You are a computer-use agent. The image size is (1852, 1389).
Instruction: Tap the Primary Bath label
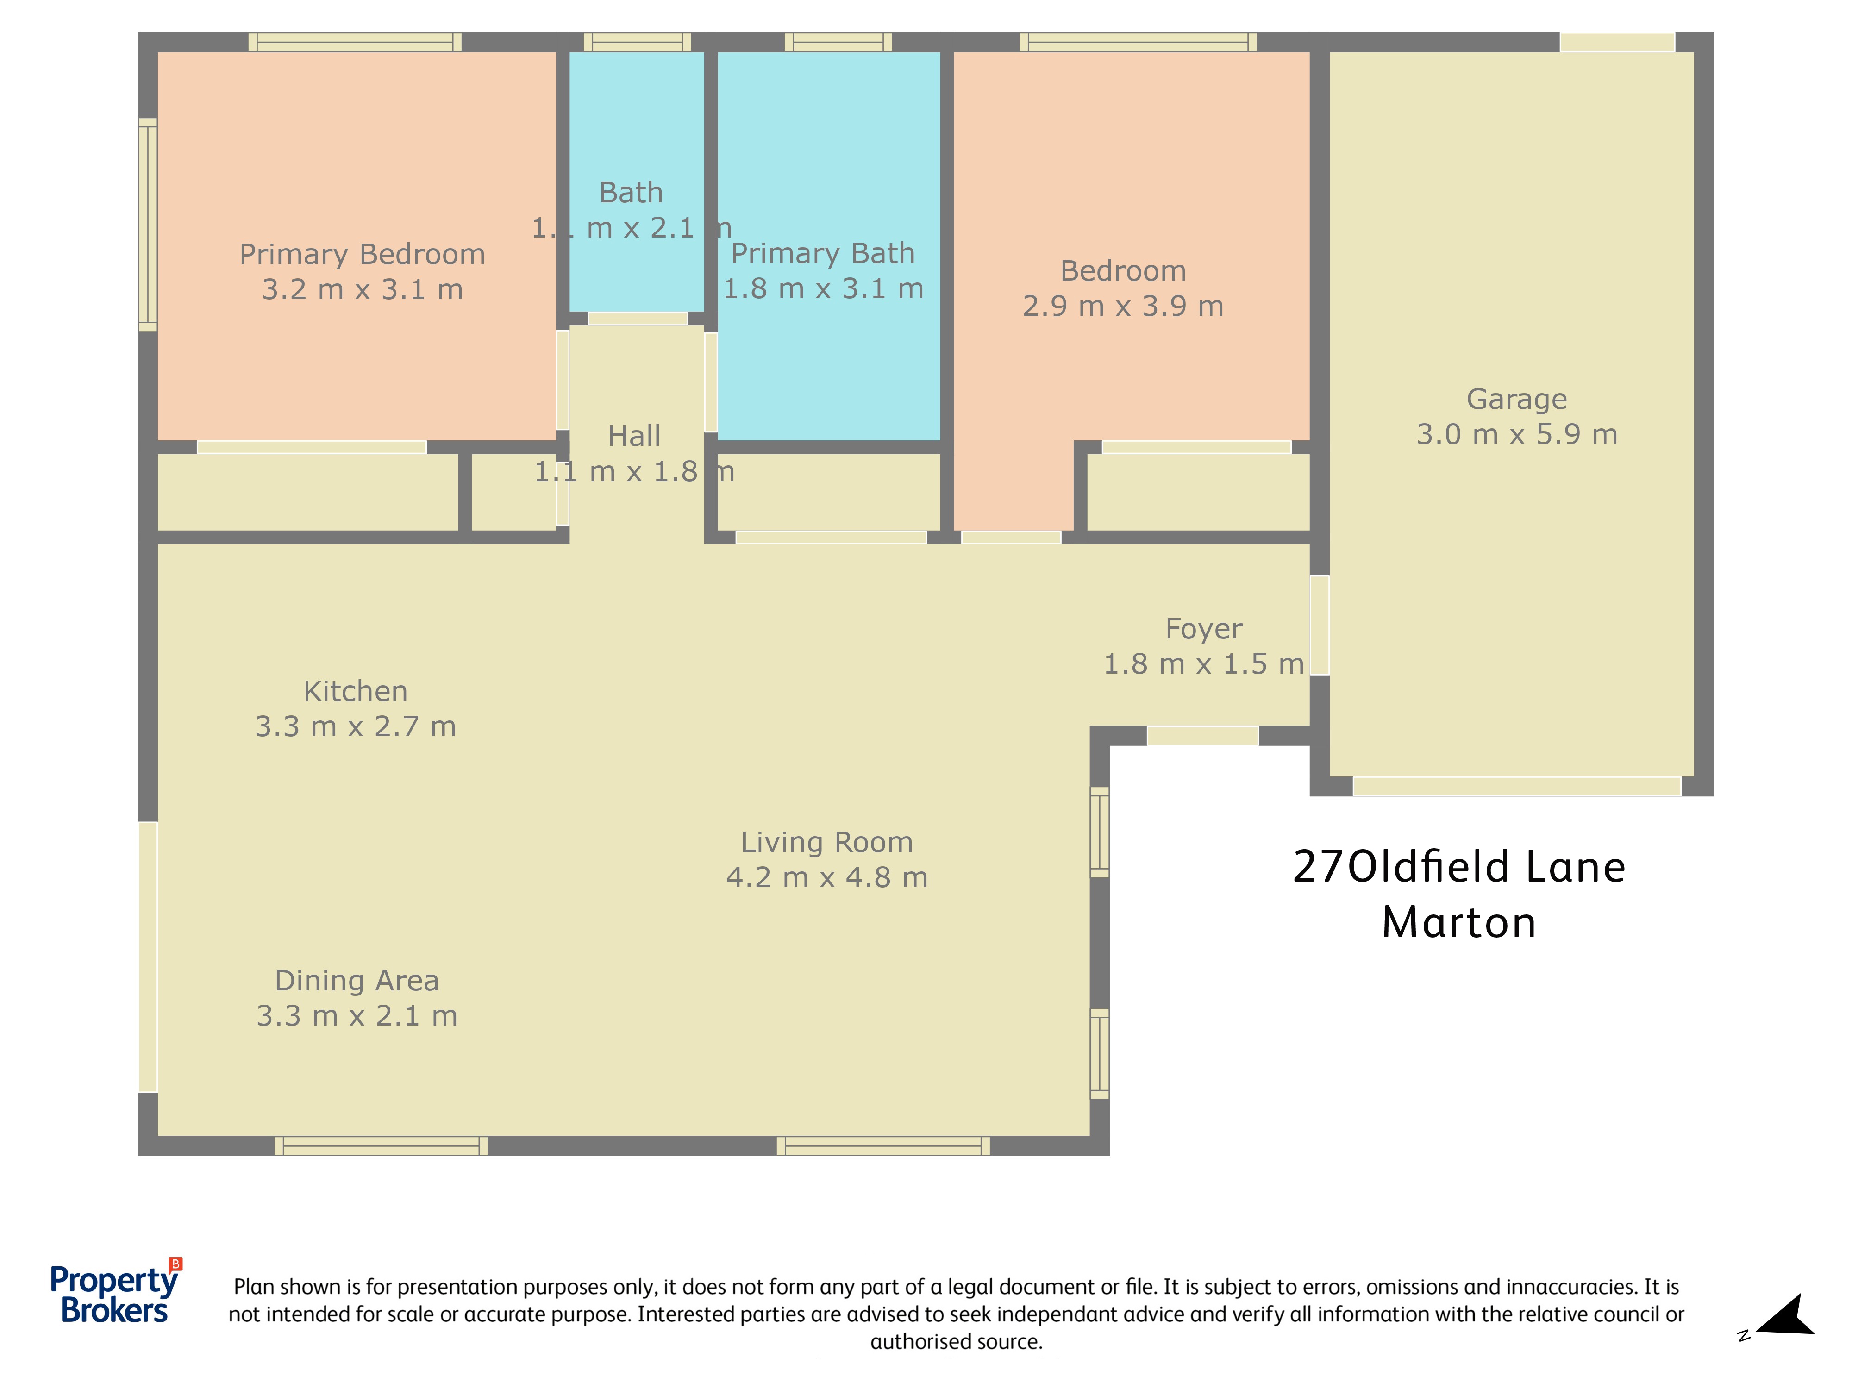[824, 253]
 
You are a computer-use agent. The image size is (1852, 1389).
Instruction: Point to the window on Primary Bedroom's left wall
[147, 225]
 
